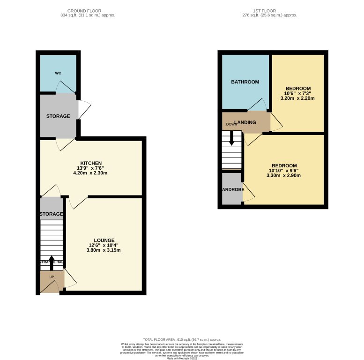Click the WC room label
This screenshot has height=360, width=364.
point(58,73)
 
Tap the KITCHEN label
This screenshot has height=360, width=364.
point(91,163)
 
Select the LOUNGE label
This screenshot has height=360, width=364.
point(104,240)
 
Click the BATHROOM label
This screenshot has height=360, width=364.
point(245,82)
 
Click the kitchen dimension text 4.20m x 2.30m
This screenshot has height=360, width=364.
point(91,173)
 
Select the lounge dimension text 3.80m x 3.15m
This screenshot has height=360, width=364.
point(104,250)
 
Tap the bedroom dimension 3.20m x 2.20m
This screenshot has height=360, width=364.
point(297,98)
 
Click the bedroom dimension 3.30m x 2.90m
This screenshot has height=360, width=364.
point(284,176)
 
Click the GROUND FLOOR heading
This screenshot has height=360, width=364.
point(84,11)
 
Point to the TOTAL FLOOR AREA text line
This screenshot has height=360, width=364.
point(182,339)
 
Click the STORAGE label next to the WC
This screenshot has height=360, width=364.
point(58,116)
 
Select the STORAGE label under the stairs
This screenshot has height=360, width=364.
point(51,214)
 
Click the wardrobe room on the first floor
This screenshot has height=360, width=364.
point(231,190)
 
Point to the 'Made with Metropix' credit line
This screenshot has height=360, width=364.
point(182,359)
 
